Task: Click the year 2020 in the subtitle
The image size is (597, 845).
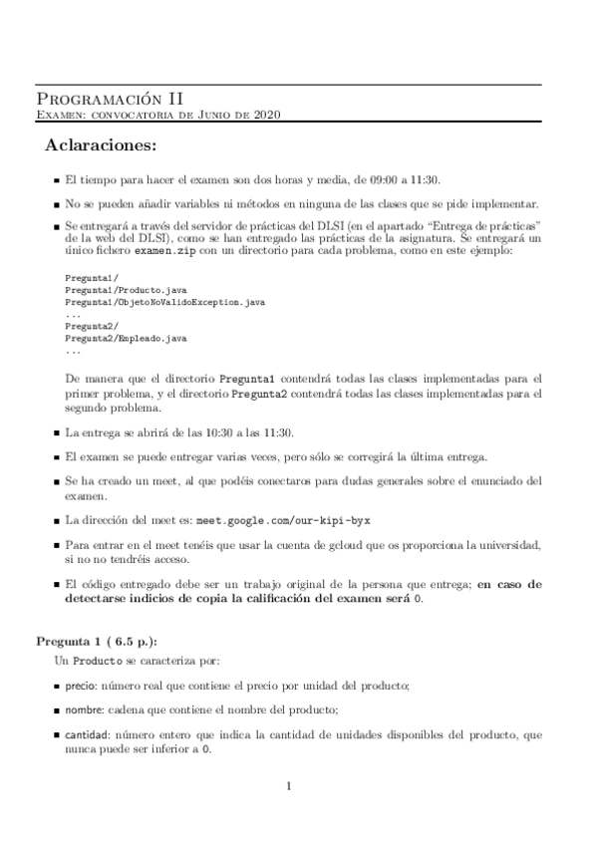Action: coord(267,116)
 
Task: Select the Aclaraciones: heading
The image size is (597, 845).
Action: coord(101,147)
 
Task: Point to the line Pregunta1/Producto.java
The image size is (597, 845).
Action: coord(126,290)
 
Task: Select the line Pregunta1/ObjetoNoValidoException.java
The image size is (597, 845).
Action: coord(164,301)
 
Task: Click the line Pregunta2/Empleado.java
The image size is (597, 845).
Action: coord(126,339)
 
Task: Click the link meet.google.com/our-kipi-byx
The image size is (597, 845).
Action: coord(289,520)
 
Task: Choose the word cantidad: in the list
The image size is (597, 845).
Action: coord(88,734)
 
